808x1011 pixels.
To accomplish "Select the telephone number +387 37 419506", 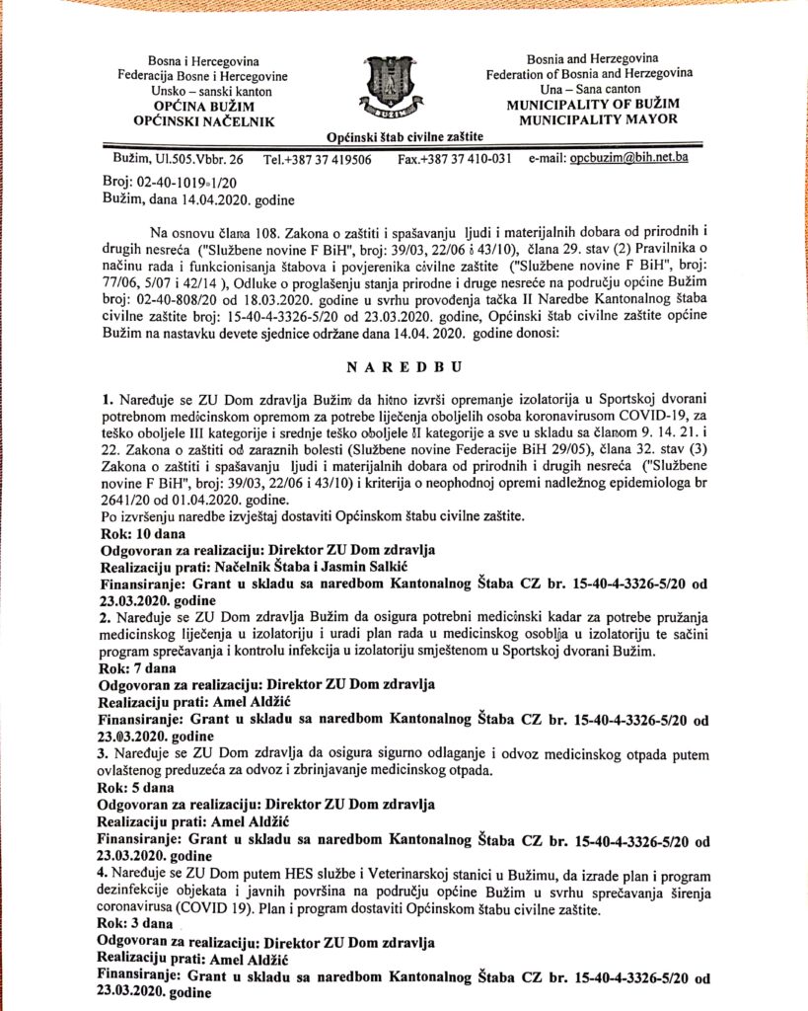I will pyautogui.click(x=331, y=159).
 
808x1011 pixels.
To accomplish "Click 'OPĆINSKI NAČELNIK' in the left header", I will pyautogui.click(x=203, y=120).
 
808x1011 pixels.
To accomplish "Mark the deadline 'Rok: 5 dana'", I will pyautogui.click(x=138, y=787).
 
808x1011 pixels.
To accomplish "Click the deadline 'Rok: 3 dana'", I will pyautogui.click(x=138, y=922).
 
